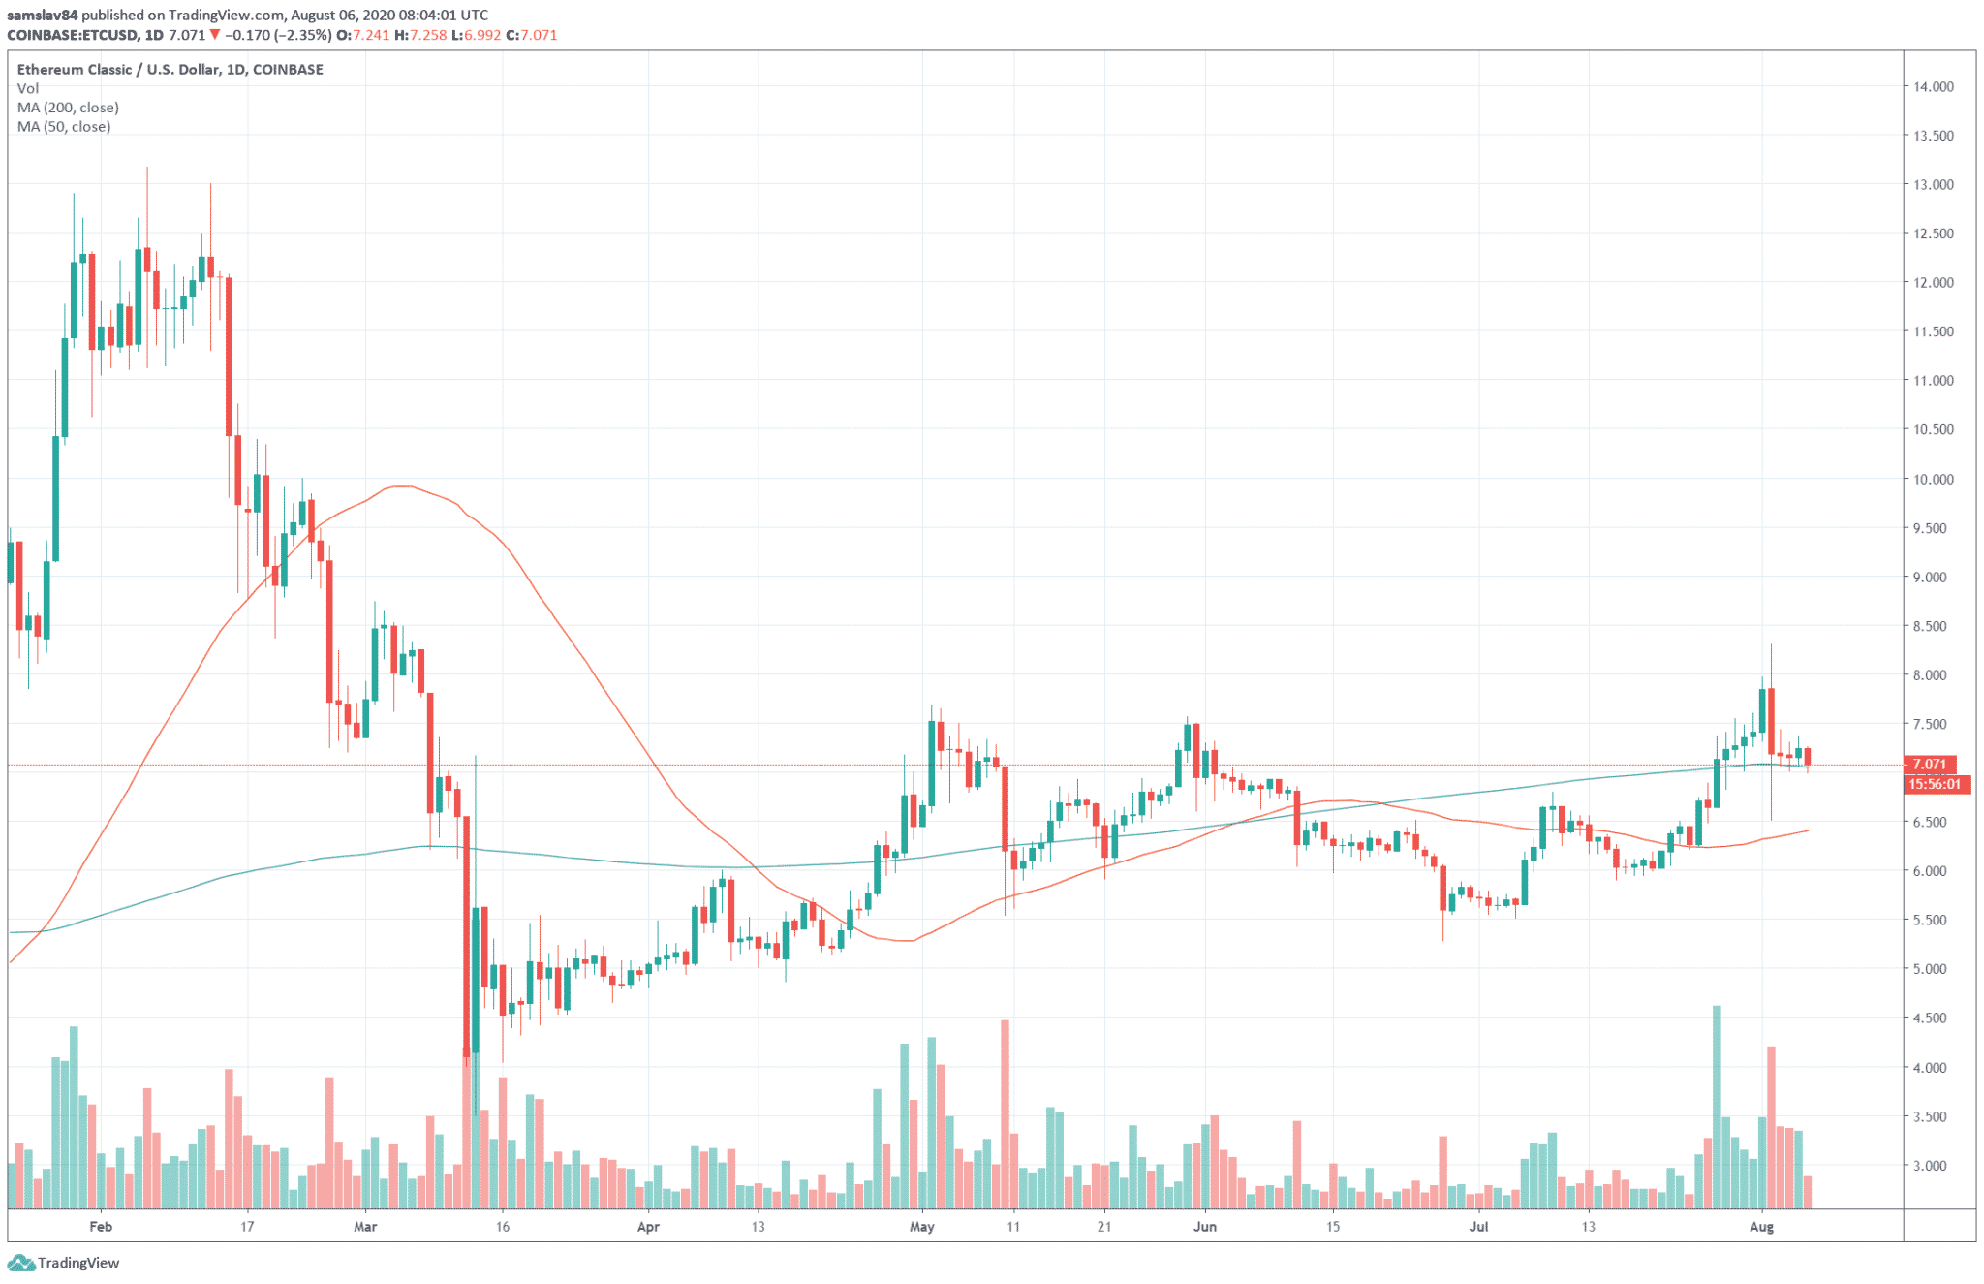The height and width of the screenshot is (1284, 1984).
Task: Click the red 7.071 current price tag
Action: coord(1930,764)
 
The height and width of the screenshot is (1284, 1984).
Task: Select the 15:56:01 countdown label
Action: coord(1935,784)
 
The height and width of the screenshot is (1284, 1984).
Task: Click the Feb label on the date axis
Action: coord(101,1227)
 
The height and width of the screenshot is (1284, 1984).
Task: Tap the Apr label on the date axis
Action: coord(648,1227)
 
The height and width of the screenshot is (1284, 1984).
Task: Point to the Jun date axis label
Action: coord(1204,1227)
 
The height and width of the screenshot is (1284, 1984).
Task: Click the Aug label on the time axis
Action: coord(1761,1227)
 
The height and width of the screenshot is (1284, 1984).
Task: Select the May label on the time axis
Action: coord(922,1227)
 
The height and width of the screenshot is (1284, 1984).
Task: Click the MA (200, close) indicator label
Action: coord(68,108)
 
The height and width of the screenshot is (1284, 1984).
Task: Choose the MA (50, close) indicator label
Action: coord(64,127)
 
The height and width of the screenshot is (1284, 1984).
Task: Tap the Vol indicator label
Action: coord(27,88)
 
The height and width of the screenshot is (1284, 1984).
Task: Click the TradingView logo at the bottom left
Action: coord(64,1263)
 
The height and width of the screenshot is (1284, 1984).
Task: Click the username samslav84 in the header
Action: coord(42,15)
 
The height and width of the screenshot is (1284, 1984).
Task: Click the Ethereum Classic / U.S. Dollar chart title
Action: coord(170,69)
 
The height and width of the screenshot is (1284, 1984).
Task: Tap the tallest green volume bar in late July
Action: coord(1717,1107)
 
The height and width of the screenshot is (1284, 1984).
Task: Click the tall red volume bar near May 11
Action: coord(1005,1114)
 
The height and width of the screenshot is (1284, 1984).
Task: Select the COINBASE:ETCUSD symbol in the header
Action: coord(74,35)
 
